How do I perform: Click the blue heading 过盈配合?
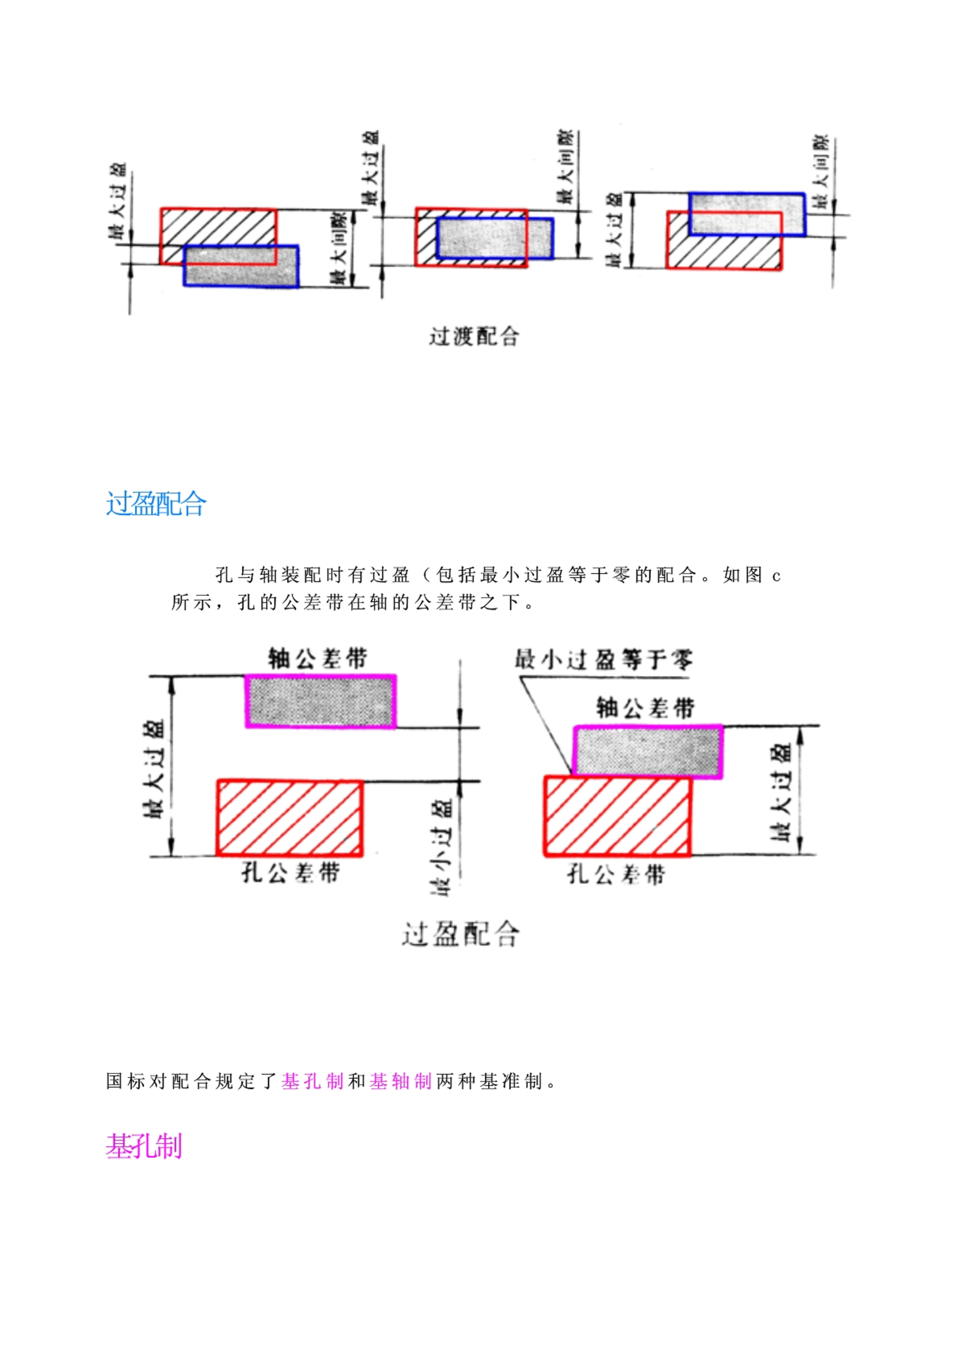coord(156,504)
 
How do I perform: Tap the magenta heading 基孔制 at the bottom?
coord(144,1145)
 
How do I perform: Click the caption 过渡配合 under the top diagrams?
coord(474,336)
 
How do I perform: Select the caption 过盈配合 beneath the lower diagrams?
coord(460,934)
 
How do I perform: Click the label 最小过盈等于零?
coord(603,659)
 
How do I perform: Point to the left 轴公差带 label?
coord(318,658)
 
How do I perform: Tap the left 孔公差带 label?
coord(291,872)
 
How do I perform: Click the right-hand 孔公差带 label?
coord(616,874)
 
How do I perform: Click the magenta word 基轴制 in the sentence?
coord(401,1081)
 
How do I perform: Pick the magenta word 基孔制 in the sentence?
coord(312,1081)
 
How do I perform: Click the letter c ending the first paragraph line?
coord(776,576)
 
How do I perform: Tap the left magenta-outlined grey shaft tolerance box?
coord(320,701)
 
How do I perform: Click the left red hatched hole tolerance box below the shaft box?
coord(290,818)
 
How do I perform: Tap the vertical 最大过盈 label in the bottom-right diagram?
coord(782,791)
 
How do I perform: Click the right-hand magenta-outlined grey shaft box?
coord(647,751)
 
